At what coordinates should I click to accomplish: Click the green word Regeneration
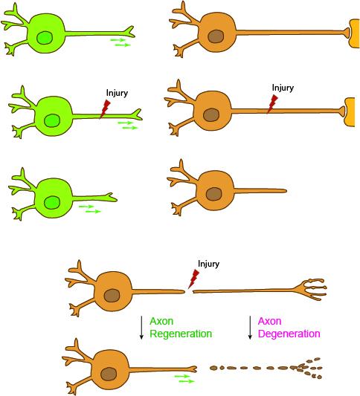181,334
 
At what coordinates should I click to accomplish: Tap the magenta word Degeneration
289,334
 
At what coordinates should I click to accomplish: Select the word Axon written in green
161,321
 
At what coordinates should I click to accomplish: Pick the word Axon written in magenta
269,321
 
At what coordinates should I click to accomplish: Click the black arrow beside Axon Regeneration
141,327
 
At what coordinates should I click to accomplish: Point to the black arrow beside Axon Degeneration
249,327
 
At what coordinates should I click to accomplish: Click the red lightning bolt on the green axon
105,109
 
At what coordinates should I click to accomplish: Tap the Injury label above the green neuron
118,93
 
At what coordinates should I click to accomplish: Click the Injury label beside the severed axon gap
208,264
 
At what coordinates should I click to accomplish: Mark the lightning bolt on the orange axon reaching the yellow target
272,104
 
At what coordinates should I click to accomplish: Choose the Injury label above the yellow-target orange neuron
283,88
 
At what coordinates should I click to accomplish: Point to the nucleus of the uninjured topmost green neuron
46,36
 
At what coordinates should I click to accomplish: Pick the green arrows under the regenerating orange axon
185,379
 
